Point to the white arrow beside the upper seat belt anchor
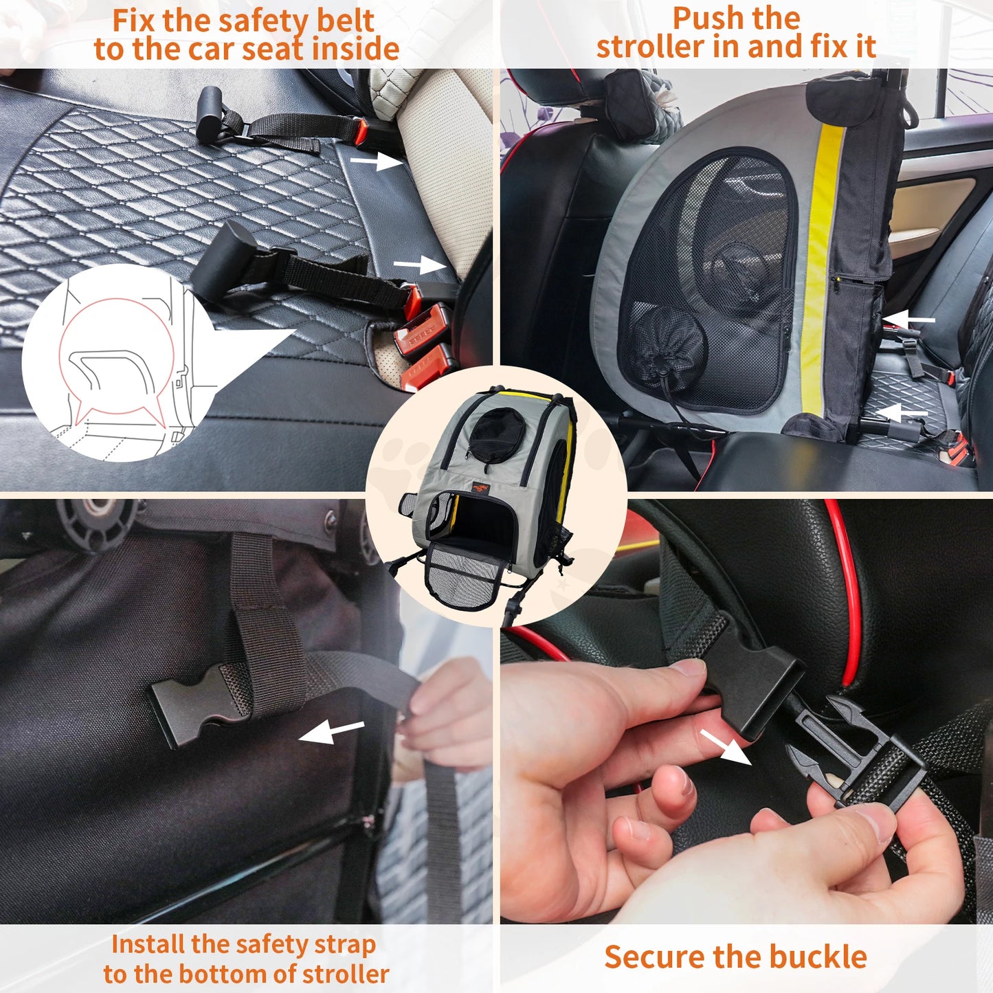(376, 161)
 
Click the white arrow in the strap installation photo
(332, 732)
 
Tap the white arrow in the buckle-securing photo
(726, 747)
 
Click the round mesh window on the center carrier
(497, 431)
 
